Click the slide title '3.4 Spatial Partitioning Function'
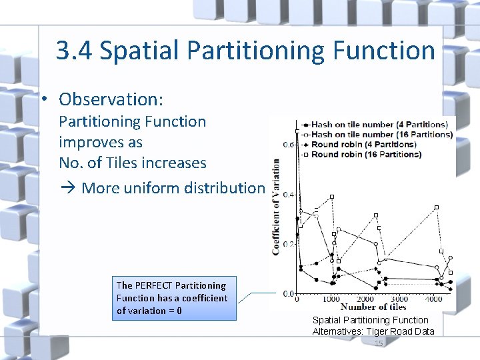(x=245, y=50)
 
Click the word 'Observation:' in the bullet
(x=111, y=99)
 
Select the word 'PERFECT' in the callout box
(x=156, y=285)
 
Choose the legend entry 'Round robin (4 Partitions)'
(x=363, y=144)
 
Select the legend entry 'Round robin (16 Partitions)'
(x=366, y=154)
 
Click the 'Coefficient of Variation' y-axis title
(x=276, y=207)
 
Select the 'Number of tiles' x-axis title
(x=373, y=307)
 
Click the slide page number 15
(x=379, y=343)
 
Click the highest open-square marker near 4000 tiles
(x=437, y=207)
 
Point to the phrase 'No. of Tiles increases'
(x=133, y=163)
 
